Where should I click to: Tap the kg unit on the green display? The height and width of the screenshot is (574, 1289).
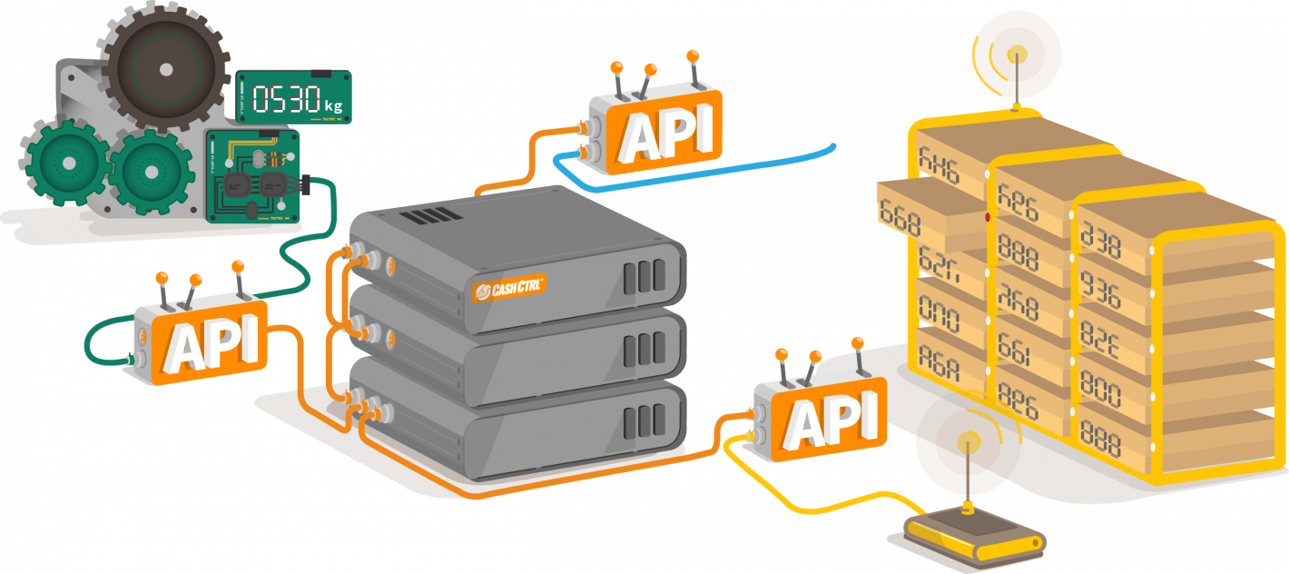[332, 105]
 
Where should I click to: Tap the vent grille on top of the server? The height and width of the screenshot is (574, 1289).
[426, 216]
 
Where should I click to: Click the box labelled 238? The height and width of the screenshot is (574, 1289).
[1100, 243]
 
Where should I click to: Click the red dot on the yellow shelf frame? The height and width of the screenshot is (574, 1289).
[987, 218]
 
